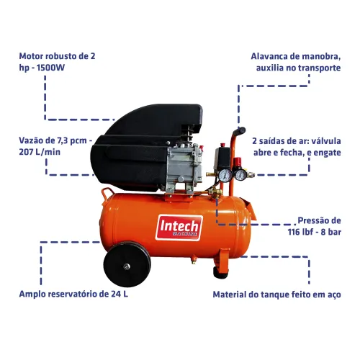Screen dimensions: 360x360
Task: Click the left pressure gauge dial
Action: tap(225, 175)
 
